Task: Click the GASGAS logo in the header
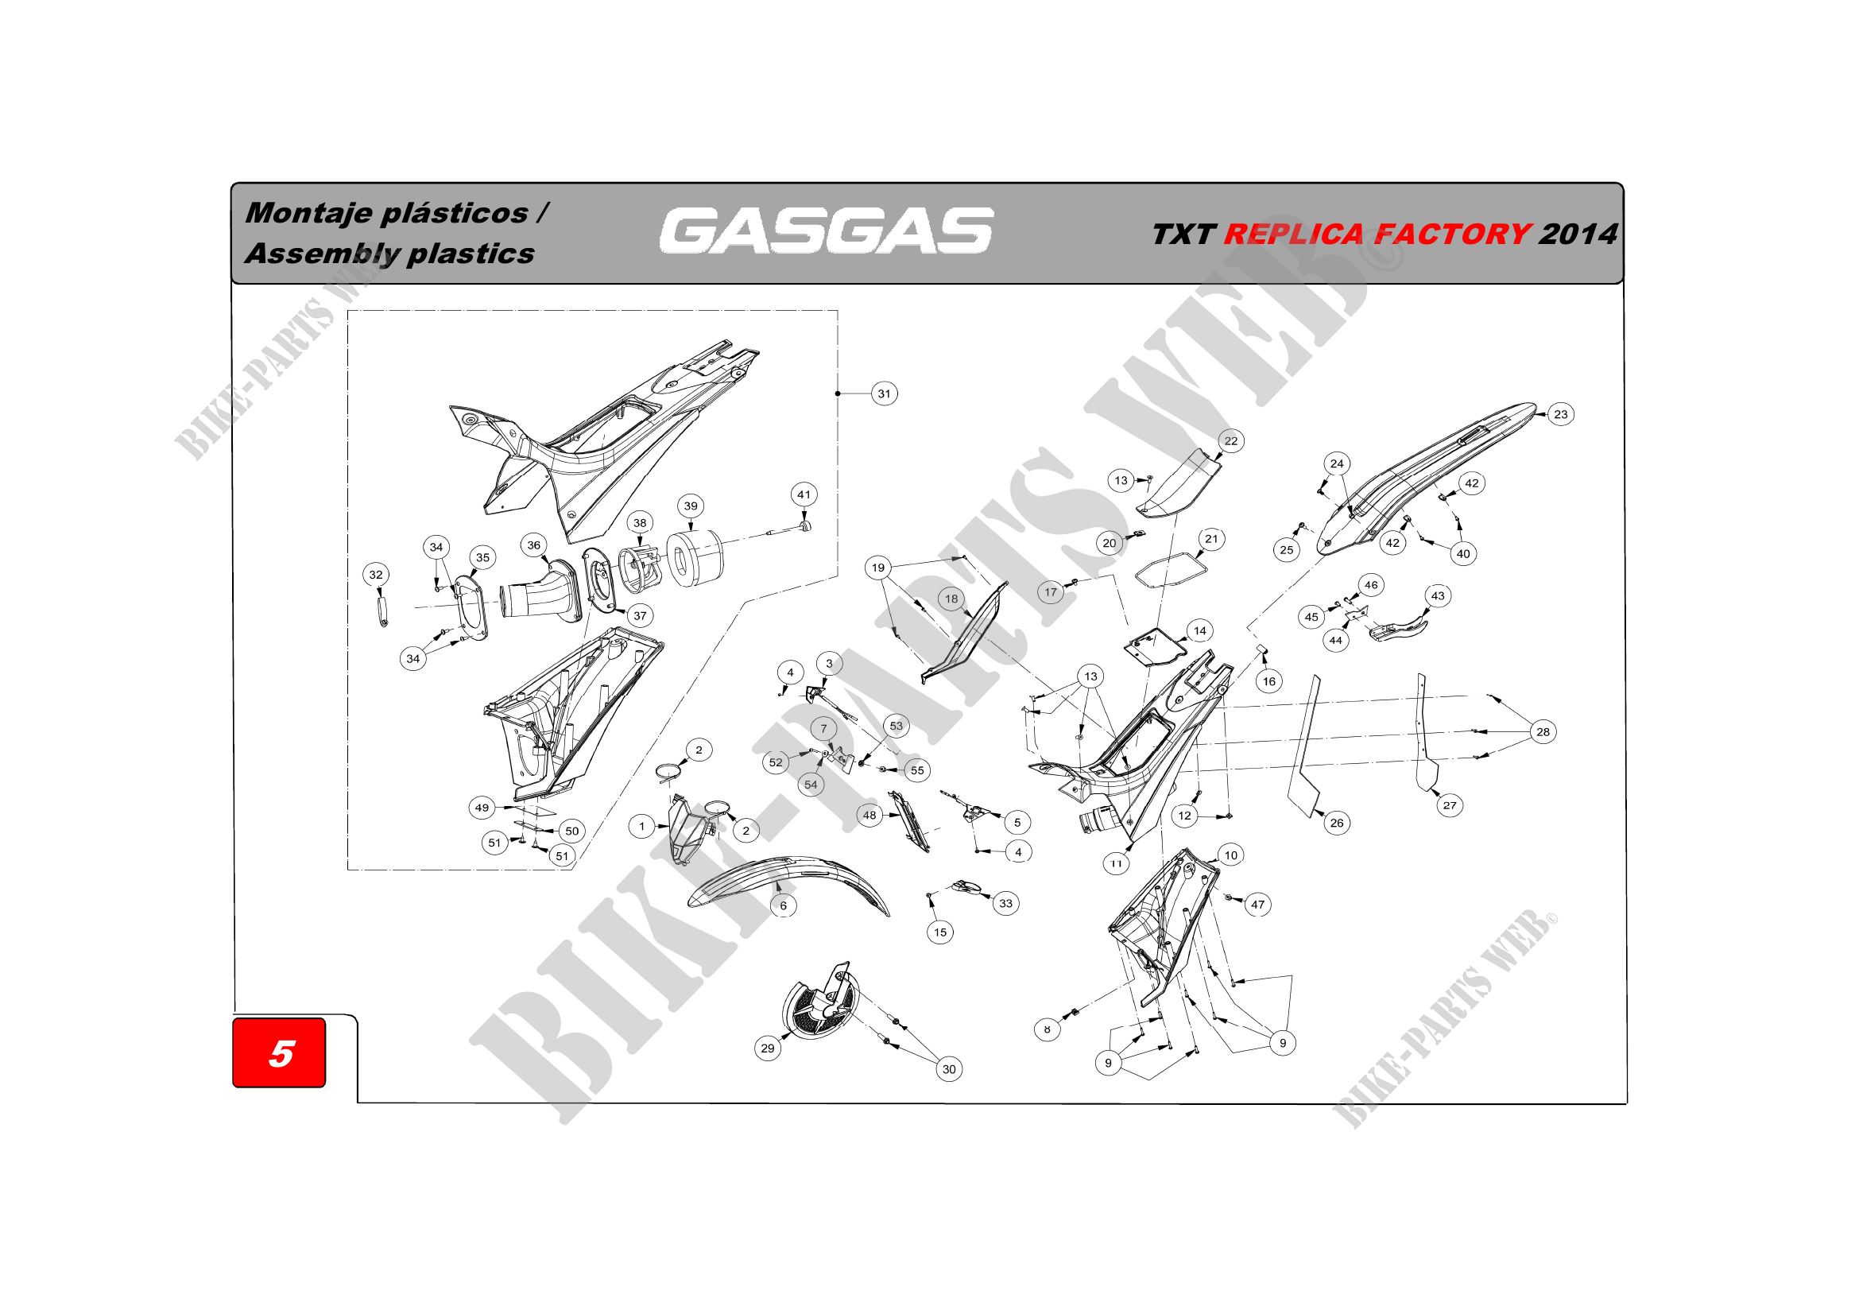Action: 826,231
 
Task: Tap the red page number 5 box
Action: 279,1052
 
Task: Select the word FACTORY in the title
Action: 1453,234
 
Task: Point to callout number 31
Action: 884,394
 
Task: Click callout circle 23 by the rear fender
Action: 1561,414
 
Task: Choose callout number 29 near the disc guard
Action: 768,1048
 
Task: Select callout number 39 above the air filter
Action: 691,506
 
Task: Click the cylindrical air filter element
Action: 694,559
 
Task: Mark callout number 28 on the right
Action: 1543,732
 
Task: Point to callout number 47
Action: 1257,905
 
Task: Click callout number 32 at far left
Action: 376,575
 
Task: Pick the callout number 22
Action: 1230,441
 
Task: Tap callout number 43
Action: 1438,596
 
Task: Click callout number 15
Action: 940,932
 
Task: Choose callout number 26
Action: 1337,824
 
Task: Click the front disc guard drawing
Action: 819,1002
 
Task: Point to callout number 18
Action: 951,599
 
